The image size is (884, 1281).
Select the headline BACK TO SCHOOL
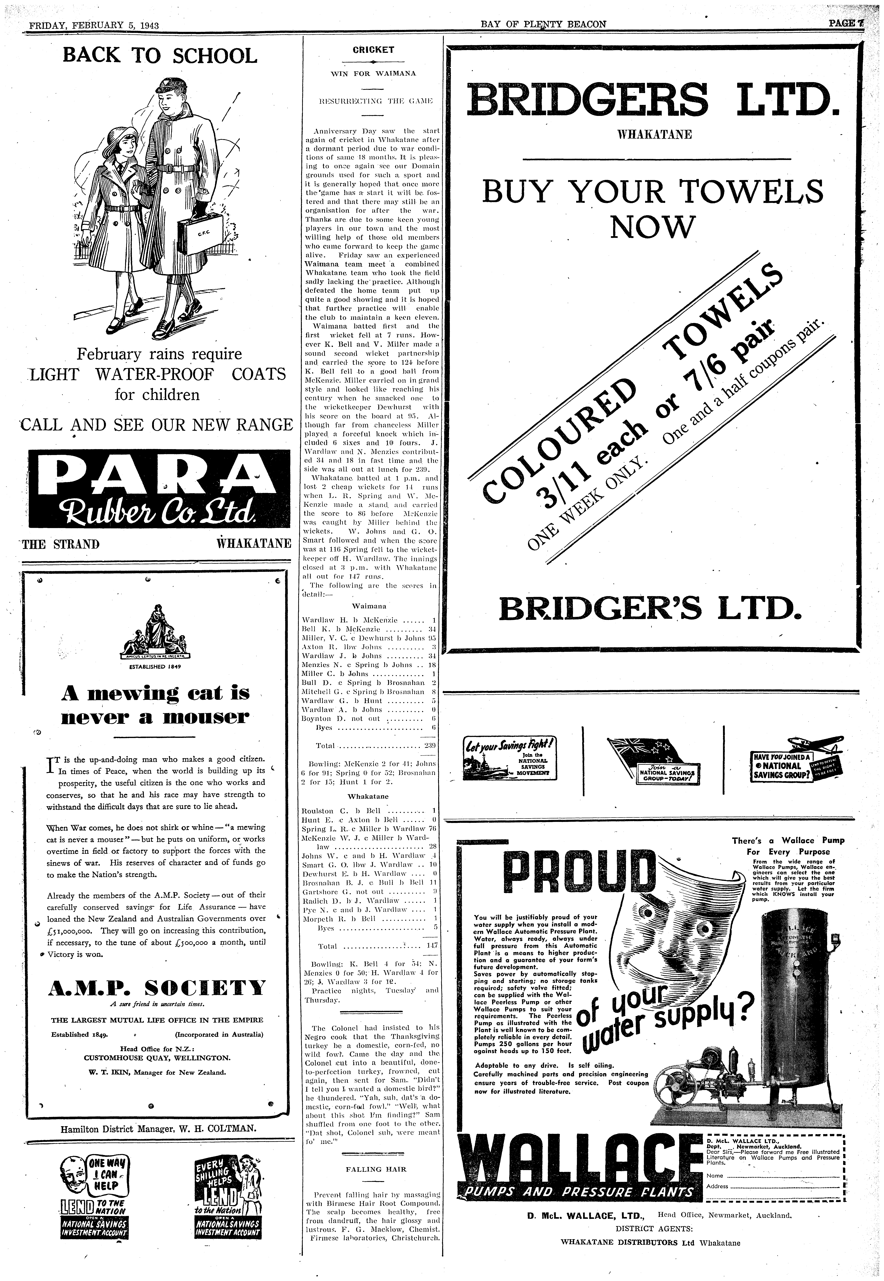160,56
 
